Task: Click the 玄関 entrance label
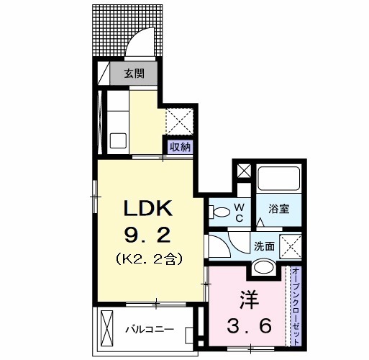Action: (134, 73)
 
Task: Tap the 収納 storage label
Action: (180, 147)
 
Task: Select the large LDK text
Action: (148, 208)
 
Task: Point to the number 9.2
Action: (147, 235)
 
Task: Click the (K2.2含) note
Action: (149, 258)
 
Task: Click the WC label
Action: (240, 212)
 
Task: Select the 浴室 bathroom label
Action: (278, 209)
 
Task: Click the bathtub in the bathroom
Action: (279, 179)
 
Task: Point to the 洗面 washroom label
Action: (265, 246)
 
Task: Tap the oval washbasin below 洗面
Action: (264, 266)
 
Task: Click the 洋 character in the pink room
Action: (249, 300)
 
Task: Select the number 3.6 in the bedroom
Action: (250, 326)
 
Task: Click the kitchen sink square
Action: (118, 140)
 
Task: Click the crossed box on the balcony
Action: (106, 328)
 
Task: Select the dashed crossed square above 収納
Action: (180, 122)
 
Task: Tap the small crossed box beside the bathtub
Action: (244, 171)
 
